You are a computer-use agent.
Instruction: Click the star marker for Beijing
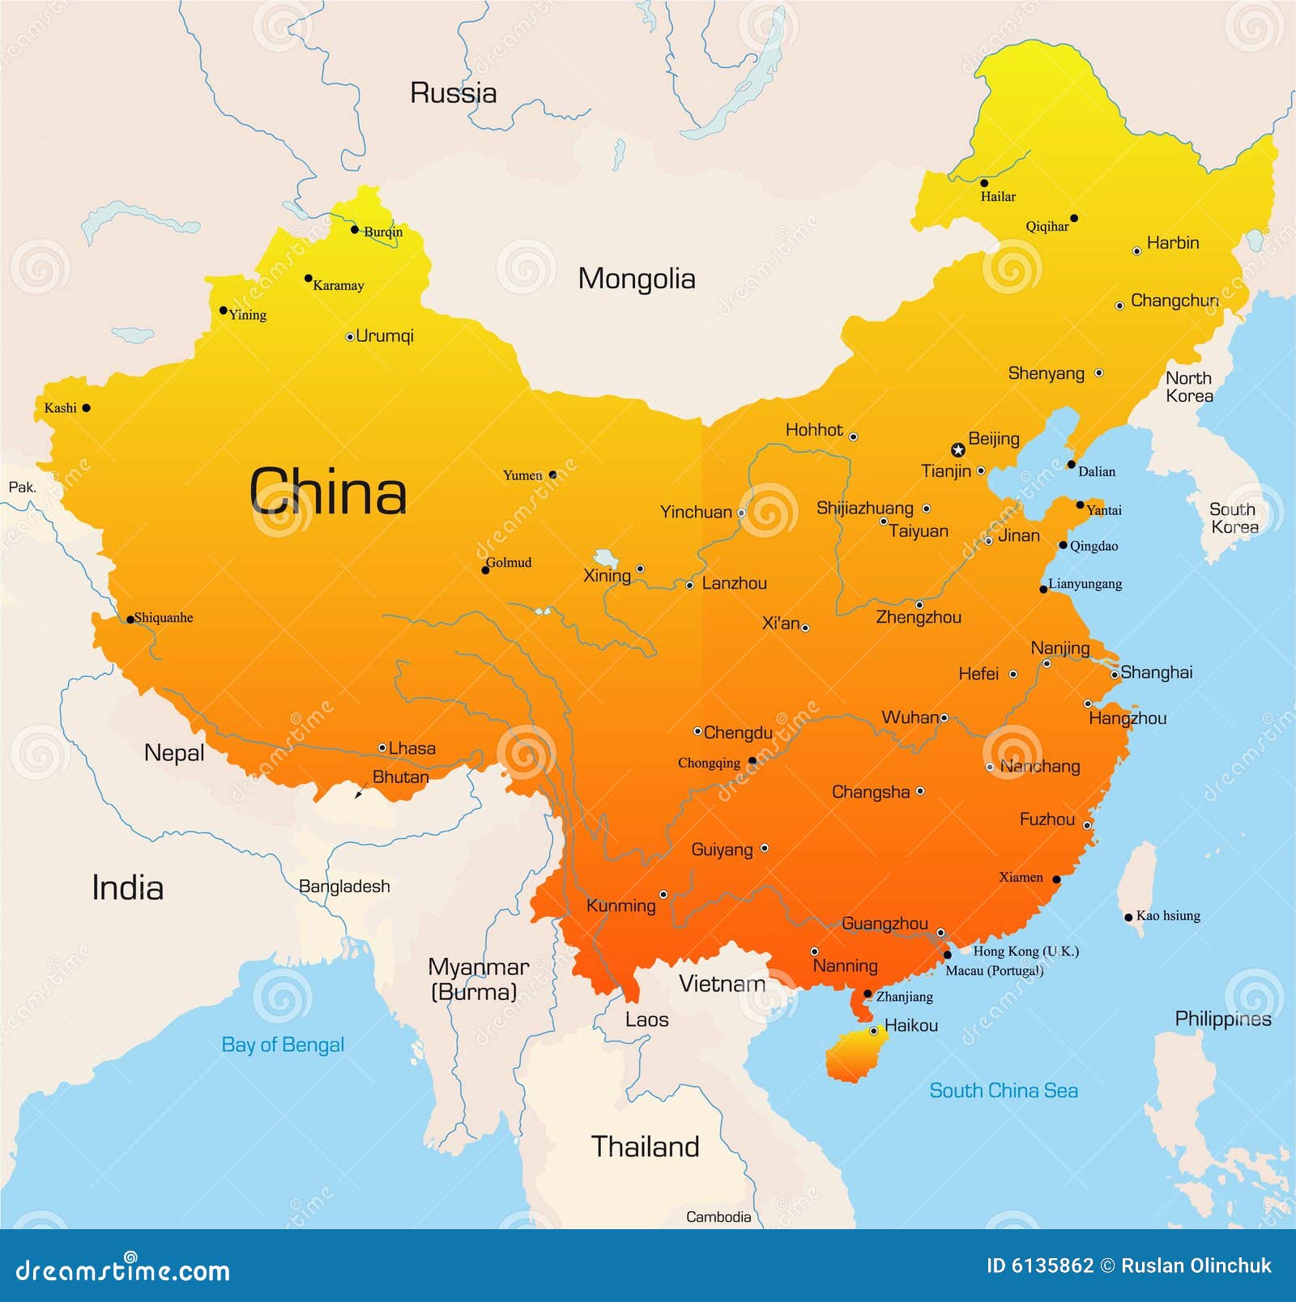(957, 449)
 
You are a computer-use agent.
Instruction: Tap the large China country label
(327, 491)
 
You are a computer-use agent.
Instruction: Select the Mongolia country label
(637, 279)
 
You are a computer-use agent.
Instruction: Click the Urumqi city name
(385, 335)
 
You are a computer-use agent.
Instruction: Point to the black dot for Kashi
(87, 408)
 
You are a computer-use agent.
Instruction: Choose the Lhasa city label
(411, 748)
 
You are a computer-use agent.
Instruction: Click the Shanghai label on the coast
(1156, 672)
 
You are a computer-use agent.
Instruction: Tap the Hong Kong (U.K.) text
(1025, 951)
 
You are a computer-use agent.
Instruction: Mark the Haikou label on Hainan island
(910, 1025)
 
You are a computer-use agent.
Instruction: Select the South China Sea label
(1003, 1090)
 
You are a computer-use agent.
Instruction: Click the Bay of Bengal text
(283, 1045)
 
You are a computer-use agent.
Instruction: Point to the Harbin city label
(1172, 243)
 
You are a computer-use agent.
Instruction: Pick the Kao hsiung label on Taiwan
(1167, 916)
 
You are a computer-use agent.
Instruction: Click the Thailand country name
(645, 1147)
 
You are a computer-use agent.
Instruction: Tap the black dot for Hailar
(984, 183)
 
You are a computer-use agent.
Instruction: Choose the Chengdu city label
(737, 733)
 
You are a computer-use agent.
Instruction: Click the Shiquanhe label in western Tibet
(164, 618)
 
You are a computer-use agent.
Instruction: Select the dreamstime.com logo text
(123, 1270)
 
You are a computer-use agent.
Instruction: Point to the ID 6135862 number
(1039, 1266)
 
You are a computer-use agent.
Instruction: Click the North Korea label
(1188, 387)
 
